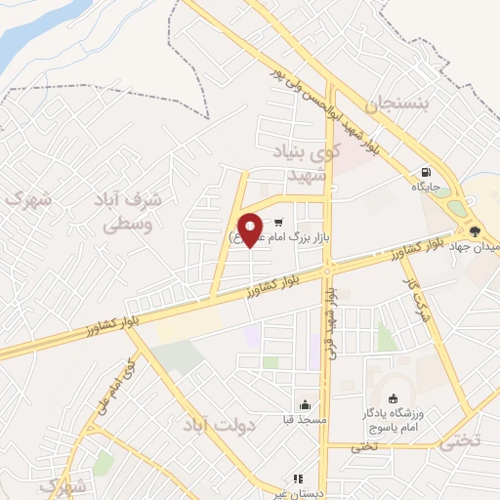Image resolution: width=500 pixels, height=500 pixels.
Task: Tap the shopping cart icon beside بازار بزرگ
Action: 279,221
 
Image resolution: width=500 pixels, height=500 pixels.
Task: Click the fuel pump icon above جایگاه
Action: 426,170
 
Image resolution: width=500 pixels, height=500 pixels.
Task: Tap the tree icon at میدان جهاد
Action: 475,231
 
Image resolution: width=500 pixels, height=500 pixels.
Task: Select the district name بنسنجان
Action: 397,104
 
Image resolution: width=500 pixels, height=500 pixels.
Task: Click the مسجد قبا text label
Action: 307,419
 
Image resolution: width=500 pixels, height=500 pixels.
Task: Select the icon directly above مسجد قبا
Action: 306,404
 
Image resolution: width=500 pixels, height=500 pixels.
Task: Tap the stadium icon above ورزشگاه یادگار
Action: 394,397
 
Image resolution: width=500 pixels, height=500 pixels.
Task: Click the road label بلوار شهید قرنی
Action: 335,322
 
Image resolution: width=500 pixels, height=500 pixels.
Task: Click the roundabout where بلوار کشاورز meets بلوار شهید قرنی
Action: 329,268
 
